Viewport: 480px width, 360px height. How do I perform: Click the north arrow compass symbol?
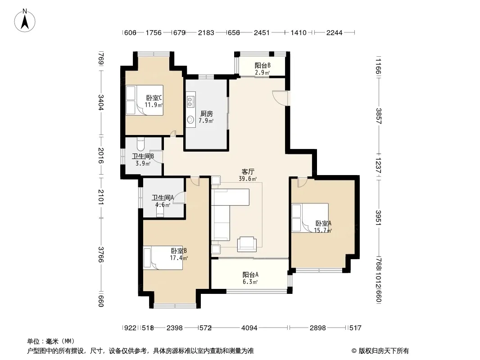coord(25,21)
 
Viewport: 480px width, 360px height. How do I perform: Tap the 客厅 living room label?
coord(248,171)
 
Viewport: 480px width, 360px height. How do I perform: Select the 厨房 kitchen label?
coord(206,114)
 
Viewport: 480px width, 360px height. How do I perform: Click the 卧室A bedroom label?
coord(323,223)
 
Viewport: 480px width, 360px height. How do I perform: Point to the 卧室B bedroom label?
coord(179,251)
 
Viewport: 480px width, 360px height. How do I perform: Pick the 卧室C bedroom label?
coord(154,98)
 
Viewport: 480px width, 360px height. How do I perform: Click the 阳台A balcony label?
coord(250,274)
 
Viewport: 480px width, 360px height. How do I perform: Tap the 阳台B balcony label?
coord(263,65)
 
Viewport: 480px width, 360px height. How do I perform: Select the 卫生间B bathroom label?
coord(143,156)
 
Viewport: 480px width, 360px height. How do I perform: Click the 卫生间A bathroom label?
coord(163,198)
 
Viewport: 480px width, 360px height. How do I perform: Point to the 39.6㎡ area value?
coord(248,179)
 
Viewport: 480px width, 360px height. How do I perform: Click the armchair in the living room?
coord(247,244)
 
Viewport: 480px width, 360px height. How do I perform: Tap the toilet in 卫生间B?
coord(140,144)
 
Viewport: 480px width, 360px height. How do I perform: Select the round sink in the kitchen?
coord(190,119)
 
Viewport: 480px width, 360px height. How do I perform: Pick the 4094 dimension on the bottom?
coord(249,328)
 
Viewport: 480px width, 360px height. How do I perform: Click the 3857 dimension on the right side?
coord(378,116)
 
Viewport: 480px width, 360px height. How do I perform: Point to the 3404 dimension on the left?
coord(101,103)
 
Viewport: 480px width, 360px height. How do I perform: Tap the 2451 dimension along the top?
coord(262,32)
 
